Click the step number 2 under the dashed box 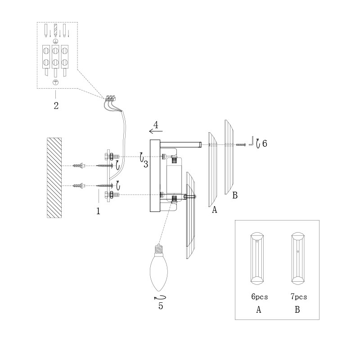(56, 106)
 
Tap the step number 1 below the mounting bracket (98, 211)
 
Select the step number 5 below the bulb (161, 306)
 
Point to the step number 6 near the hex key (265, 144)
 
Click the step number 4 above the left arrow (156, 125)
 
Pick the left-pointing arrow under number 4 (156, 131)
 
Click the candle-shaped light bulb (159, 267)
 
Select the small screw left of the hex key (241, 144)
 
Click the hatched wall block (54, 178)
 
